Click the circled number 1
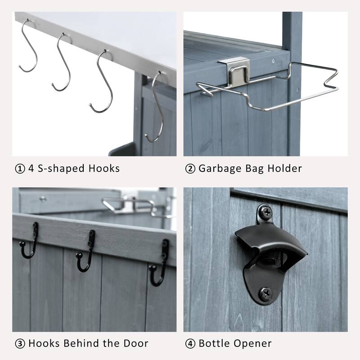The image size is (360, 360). coord(19,169)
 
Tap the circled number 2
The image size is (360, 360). coord(190,169)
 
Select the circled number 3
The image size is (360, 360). coord(19,343)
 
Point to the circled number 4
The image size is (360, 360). coord(190,343)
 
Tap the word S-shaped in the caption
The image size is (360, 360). coord(62,169)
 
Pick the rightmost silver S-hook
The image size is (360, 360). coord(154,106)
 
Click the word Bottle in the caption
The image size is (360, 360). coord(214,343)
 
